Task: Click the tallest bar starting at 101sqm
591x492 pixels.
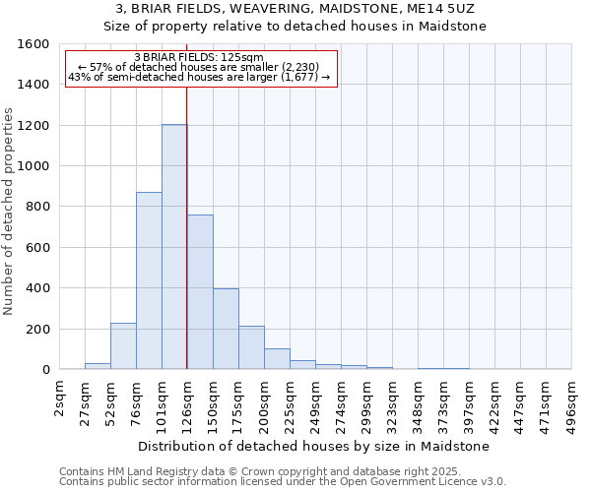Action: pos(174,247)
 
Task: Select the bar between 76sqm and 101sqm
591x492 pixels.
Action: pos(149,280)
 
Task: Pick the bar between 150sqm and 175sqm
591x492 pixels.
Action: pos(226,329)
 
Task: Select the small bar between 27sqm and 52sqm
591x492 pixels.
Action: pos(98,366)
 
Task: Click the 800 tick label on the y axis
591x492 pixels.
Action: pos(37,207)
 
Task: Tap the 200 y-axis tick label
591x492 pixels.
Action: pos(37,329)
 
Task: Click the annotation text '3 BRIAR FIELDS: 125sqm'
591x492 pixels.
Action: pos(199,58)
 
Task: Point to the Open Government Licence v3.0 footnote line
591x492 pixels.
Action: pos(283,482)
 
